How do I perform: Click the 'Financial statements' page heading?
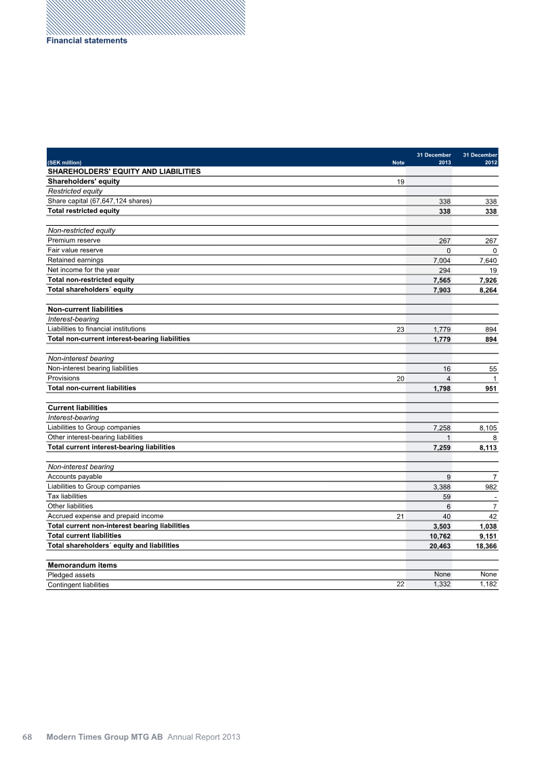[87, 41]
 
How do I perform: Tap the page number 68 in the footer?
[28, 737]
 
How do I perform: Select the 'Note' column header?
[398, 163]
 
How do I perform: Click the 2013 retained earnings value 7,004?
[442, 260]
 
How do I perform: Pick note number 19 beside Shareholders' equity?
[400, 182]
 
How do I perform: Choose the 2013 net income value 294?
[444, 271]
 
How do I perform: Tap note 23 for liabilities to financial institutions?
[400, 330]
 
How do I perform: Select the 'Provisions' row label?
[63, 378]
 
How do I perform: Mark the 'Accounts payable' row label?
[75, 477]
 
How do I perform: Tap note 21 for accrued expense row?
[400, 517]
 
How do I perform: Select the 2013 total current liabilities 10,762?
[440, 536]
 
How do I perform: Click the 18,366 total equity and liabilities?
[484, 547]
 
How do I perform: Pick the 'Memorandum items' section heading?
[82, 565]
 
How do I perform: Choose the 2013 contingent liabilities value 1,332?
[442, 585]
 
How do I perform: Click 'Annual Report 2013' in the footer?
[204, 737]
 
